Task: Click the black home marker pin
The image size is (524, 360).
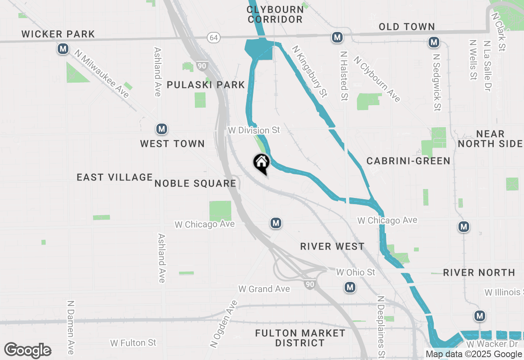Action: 261,163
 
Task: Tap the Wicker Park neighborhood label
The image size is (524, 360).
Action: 58,34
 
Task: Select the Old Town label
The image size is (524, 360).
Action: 407,27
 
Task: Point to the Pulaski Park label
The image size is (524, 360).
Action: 206,85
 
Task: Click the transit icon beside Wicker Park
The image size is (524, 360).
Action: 63,49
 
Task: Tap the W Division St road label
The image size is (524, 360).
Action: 254,130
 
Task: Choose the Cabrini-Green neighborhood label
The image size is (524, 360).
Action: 408,161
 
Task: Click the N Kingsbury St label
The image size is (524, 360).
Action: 309,72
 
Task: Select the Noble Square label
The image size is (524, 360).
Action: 195,183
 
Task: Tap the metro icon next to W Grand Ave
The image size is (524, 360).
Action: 350,288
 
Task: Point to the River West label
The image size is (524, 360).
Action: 332,246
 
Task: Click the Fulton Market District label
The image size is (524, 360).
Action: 300,338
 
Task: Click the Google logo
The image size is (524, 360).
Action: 28,350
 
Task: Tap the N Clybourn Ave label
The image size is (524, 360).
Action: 377,79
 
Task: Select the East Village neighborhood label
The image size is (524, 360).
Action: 115,177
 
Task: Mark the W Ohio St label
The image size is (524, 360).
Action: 355,272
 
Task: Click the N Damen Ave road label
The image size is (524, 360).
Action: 71,327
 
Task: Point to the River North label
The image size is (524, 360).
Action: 479,272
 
